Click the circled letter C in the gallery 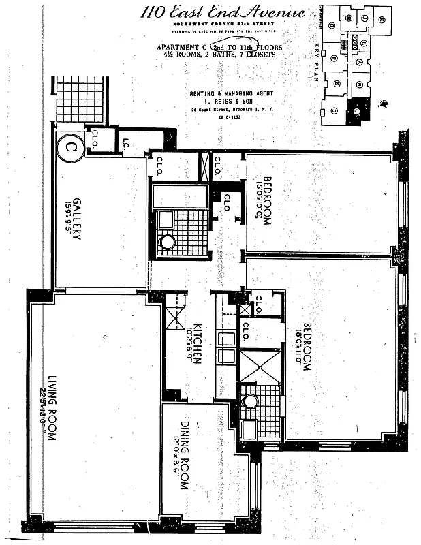(x=69, y=148)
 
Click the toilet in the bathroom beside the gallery (x=168, y=241)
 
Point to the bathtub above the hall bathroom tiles (x=180, y=196)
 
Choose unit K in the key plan (x=381, y=19)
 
